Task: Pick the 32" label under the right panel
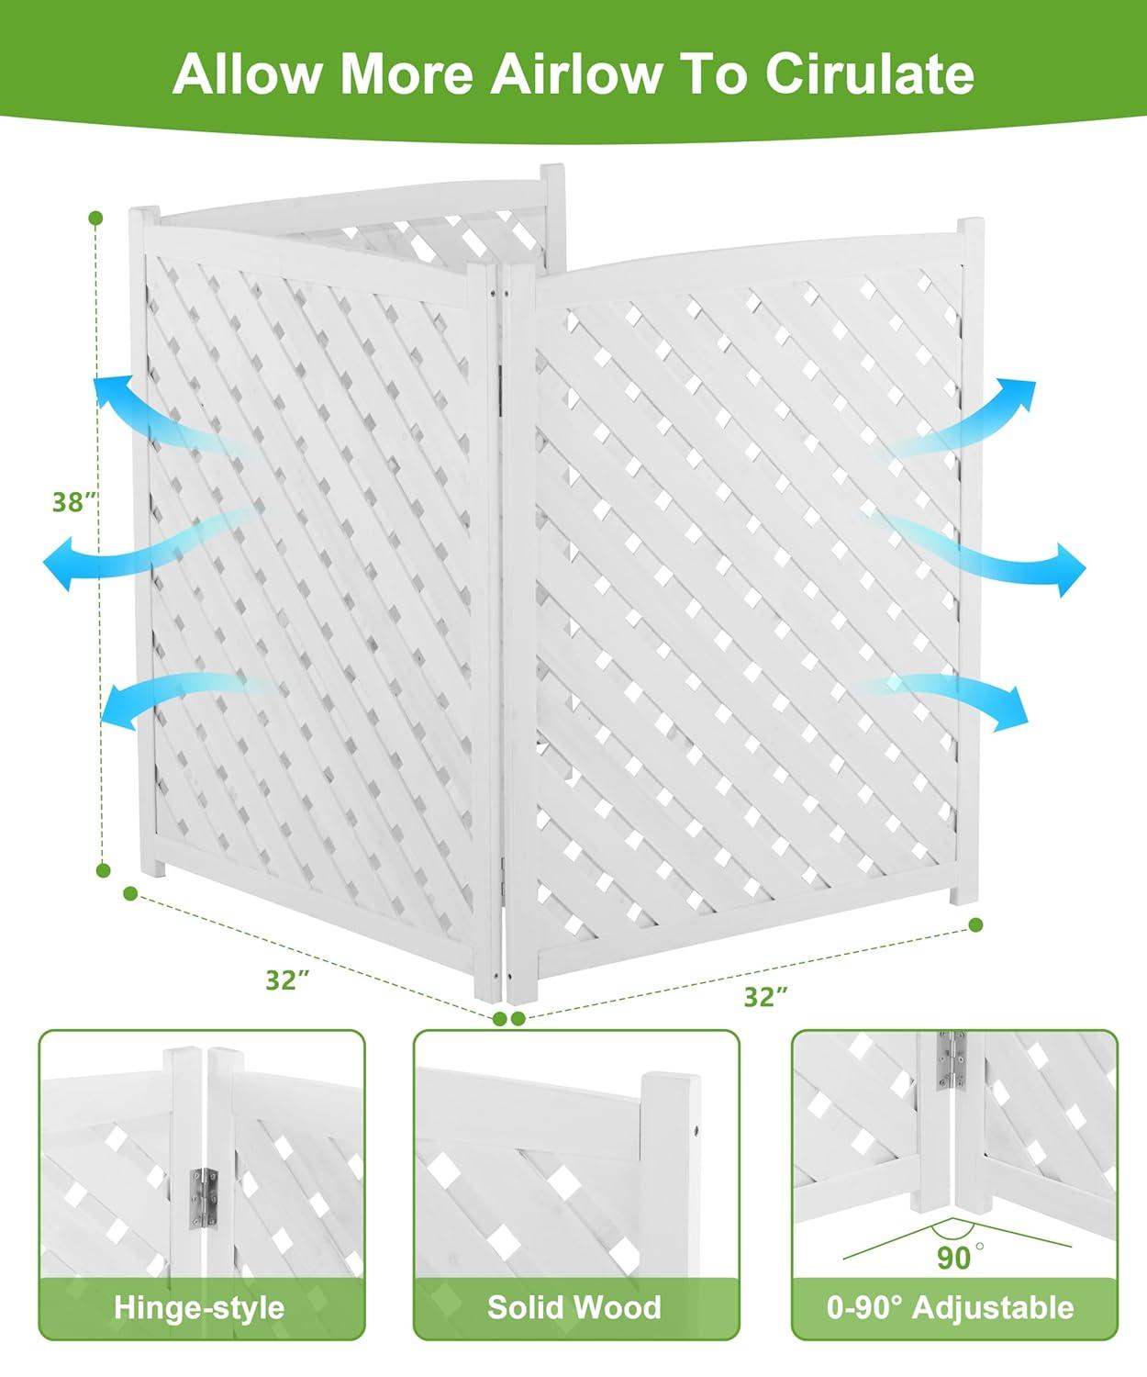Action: click(766, 996)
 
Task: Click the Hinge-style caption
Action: click(199, 1307)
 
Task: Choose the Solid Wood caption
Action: click(574, 1307)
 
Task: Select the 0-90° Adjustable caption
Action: click(950, 1307)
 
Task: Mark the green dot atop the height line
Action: click(95, 218)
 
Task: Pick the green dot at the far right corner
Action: click(975, 924)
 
